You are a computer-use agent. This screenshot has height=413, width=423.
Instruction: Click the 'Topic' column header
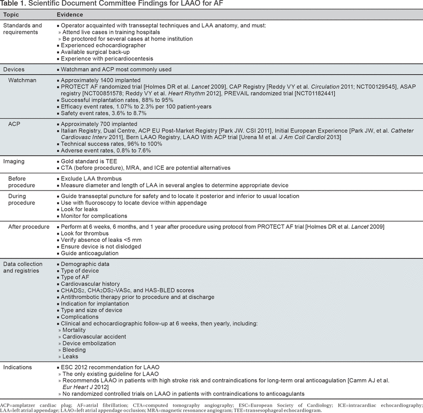[11, 15]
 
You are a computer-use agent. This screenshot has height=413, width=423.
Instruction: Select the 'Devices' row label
[14, 69]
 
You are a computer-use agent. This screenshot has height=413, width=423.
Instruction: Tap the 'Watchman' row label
[23, 80]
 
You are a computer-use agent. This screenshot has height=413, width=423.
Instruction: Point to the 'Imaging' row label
[14, 161]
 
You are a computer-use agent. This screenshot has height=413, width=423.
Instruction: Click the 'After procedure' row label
[29, 227]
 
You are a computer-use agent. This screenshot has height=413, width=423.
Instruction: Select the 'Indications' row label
[18, 367]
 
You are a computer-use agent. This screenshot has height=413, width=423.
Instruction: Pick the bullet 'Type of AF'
[75, 277]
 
